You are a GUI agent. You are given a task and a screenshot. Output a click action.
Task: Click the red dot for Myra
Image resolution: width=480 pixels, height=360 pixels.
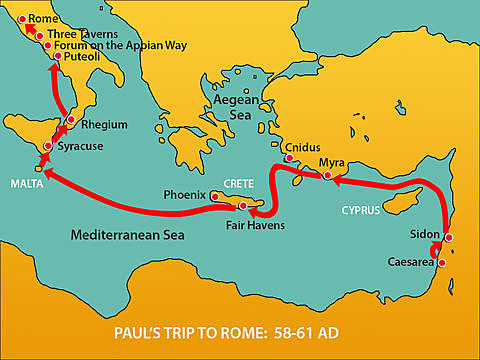click(x=328, y=176)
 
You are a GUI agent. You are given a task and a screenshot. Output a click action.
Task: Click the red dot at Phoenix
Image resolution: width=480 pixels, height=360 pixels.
click(x=215, y=197)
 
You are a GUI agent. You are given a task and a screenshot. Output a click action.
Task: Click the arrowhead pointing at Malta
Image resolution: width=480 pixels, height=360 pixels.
click(x=47, y=176)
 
